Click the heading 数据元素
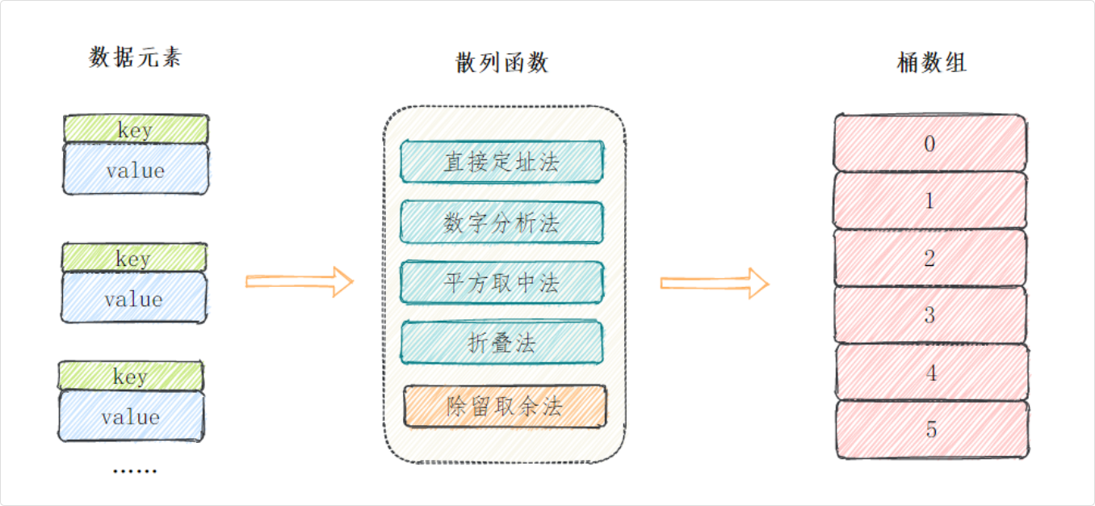coord(135,58)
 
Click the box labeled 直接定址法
coord(501,162)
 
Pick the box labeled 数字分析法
coord(501,222)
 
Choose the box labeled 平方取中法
coord(501,283)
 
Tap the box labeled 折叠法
coord(501,343)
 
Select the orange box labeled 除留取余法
coord(505,406)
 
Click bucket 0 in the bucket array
coord(929,144)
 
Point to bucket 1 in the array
coord(929,200)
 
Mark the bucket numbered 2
coord(929,259)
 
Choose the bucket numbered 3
coord(929,315)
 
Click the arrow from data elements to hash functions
coord(300,281)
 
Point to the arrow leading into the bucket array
coord(715,282)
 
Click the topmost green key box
coord(136,129)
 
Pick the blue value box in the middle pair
coord(134,299)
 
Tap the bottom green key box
coord(130,376)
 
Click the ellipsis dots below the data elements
coord(134,470)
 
